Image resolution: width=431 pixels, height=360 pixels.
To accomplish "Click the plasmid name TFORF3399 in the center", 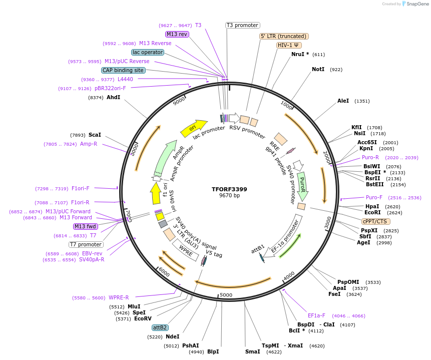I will (x=229, y=189).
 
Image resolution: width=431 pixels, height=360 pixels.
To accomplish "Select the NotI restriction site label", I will (x=318, y=70).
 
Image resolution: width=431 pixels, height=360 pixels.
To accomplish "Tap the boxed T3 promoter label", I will (x=242, y=25).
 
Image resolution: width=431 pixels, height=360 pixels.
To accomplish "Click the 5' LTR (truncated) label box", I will (x=284, y=36).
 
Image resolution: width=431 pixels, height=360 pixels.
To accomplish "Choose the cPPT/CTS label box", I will (x=375, y=221).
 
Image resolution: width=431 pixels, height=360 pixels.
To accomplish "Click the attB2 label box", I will (x=160, y=327).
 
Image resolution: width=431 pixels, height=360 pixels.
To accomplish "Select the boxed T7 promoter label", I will (x=86, y=244).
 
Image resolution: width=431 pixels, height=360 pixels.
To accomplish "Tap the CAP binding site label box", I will (x=123, y=71).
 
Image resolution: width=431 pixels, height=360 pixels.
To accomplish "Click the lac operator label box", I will (x=148, y=52).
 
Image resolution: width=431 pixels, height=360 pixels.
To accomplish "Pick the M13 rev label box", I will (x=177, y=34).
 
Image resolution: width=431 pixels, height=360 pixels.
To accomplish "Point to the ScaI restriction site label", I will (x=95, y=135).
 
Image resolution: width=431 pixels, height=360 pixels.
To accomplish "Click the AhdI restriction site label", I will (x=114, y=97).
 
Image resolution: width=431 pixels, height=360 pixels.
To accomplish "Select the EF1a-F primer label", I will (x=316, y=315).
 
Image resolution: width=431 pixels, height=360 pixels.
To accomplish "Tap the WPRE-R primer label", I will (x=119, y=297).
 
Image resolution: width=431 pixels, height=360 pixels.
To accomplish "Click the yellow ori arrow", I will (x=194, y=128).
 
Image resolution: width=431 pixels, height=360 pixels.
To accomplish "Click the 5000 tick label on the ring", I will (x=226, y=295).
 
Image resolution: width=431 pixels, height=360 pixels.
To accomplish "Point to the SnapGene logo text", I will (x=416, y=4).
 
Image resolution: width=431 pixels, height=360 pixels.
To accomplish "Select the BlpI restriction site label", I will (x=213, y=351).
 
